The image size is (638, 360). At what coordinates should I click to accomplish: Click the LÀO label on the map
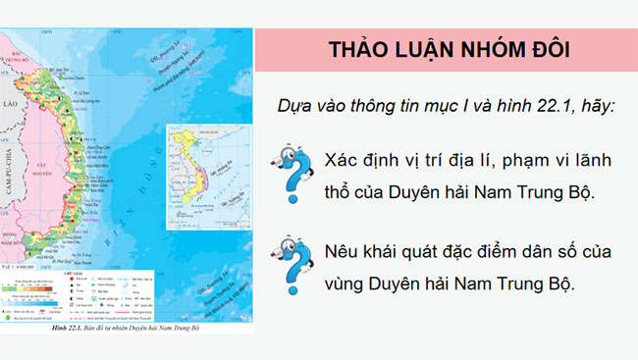(x=11, y=102)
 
